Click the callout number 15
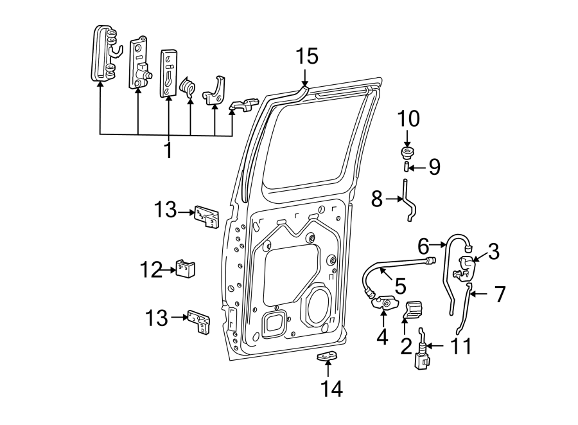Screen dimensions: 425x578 click(x=307, y=57)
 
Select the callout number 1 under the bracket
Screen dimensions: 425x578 click(x=168, y=151)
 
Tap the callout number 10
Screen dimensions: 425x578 click(x=408, y=120)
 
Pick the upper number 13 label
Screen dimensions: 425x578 click(x=164, y=210)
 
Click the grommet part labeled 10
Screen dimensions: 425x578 click(x=407, y=153)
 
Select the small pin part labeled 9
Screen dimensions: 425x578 click(x=407, y=168)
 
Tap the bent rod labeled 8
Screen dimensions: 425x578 click(x=408, y=201)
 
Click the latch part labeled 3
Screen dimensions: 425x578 click(x=467, y=266)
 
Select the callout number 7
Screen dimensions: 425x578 click(x=499, y=294)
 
